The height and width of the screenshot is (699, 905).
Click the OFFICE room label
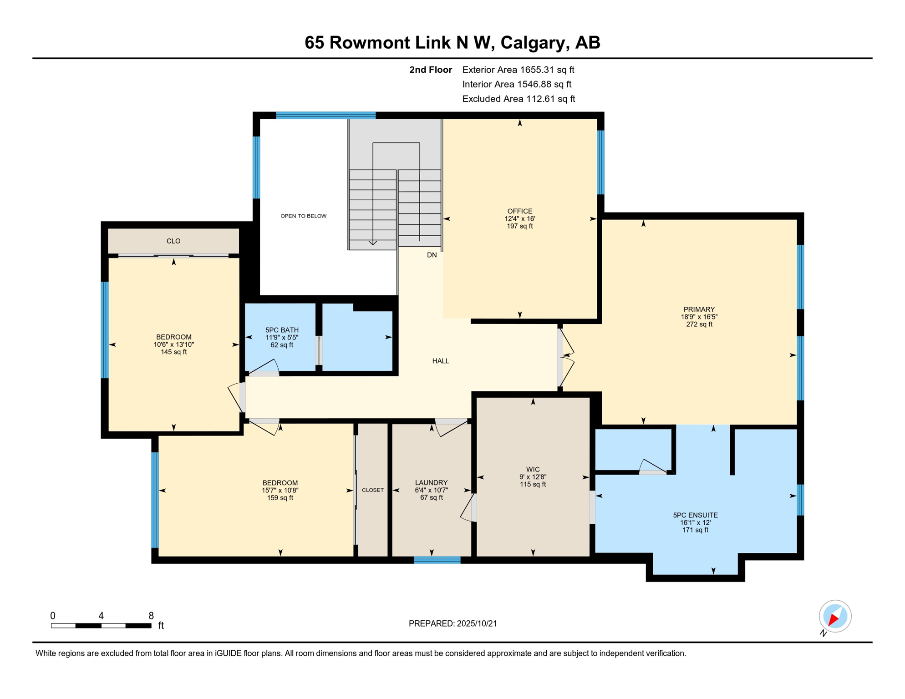tap(520, 211)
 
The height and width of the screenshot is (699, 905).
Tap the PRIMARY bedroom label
tap(699, 309)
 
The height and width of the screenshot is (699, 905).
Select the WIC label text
tap(533, 470)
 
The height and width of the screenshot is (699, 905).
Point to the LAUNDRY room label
tap(432, 483)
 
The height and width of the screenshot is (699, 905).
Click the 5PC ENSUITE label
tap(695, 515)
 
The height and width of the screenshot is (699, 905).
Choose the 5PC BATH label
tap(282, 330)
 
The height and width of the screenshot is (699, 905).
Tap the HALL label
tap(441, 361)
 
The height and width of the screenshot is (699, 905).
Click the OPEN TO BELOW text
tap(304, 216)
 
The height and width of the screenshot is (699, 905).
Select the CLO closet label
tap(173, 241)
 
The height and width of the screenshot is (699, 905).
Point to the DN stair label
tap(432, 255)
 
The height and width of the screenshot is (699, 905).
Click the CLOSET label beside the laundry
tap(373, 490)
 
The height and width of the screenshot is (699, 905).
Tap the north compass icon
tap(835, 617)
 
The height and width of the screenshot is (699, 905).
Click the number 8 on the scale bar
tap(151, 616)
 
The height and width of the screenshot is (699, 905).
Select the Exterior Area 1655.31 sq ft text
tap(518, 70)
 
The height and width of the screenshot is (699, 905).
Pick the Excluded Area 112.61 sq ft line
tap(519, 99)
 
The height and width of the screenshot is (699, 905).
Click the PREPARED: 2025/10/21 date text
tap(452, 623)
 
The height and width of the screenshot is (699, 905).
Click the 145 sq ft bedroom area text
tap(173, 352)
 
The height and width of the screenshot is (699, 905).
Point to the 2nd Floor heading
tap(431, 70)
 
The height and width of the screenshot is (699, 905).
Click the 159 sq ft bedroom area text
tap(280, 498)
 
